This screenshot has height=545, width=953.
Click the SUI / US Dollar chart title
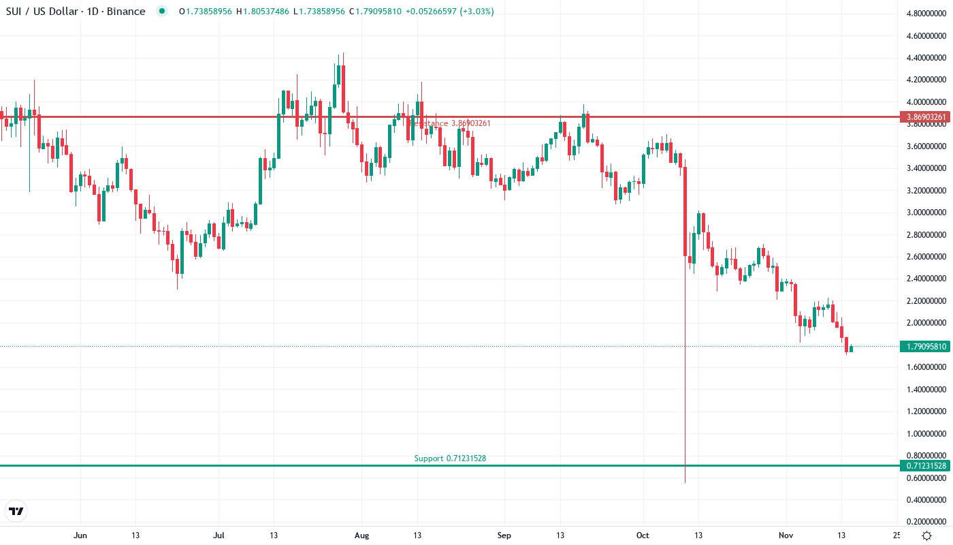(76, 11)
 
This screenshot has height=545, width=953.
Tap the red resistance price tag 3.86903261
(926, 117)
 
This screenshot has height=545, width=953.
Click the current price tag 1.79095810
(926, 347)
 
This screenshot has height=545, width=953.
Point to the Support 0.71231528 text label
(450, 458)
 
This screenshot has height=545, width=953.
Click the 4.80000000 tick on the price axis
(927, 14)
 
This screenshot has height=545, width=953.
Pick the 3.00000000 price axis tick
(927, 213)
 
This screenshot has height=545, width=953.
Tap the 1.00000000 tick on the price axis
(927, 433)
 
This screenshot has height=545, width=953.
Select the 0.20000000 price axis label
(927, 522)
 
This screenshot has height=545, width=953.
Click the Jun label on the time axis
(80, 535)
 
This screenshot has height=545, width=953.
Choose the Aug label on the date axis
(361, 535)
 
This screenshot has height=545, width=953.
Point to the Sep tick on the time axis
(504, 535)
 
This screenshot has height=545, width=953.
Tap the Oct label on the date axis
(643, 535)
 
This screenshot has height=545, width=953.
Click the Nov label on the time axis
(786, 535)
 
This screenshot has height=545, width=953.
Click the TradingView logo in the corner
(16, 511)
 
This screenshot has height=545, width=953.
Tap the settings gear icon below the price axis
(926, 535)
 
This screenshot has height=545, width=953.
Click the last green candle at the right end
(851, 349)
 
